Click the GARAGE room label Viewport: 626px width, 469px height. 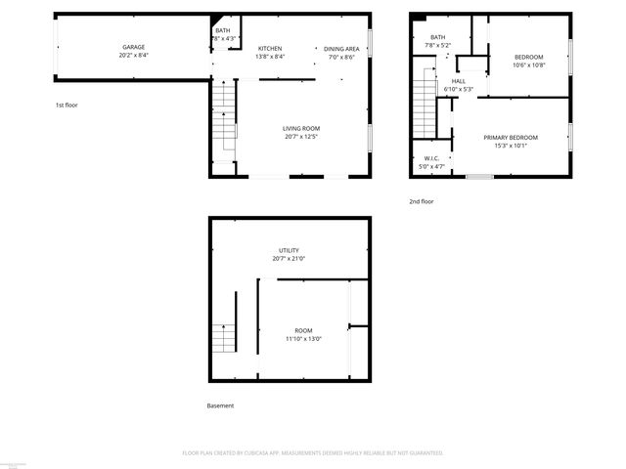(x=135, y=47)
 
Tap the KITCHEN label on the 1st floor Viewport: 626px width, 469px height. (x=270, y=48)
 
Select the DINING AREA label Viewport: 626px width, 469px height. (x=341, y=48)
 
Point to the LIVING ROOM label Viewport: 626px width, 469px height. (x=301, y=128)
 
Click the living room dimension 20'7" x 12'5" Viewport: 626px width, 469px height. (x=301, y=137)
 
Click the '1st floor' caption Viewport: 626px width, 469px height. (x=67, y=105)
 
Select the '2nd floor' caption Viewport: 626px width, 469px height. (x=422, y=201)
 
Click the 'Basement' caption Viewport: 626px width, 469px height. (x=220, y=405)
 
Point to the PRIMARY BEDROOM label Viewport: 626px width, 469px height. (x=511, y=138)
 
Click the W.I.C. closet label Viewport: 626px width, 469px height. (x=431, y=158)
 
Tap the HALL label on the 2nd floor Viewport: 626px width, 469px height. (x=458, y=81)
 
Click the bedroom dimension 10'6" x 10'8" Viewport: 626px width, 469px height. (x=529, y=65)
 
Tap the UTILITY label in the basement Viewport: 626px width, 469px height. (x=289, y=250)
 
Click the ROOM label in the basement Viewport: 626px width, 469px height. (x=303, y=330)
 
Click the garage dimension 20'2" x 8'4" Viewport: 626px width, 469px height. (x=135, y=56)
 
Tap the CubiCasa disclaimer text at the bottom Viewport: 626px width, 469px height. (x=313, y=453)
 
